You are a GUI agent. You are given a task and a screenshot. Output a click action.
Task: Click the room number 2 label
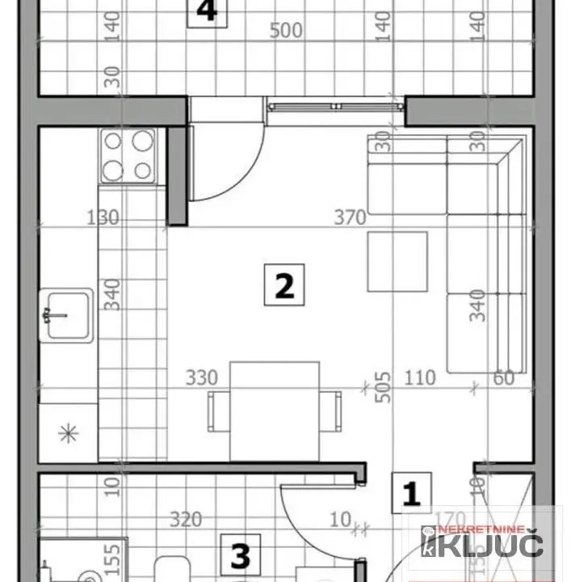pyautogui.click(x=284, y=285)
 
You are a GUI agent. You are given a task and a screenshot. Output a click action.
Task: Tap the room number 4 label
pyautogui.click(x=207, y=12)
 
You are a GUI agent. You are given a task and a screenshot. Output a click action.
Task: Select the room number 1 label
pyautogui.click(x=412, y=493)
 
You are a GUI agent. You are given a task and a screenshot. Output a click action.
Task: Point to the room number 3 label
pyautogui.click(x=240, y=556)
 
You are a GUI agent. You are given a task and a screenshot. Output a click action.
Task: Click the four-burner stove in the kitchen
pyautogui.click(x=128, y=155)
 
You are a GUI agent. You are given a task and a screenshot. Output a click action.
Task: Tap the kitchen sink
pyautogui.click(x=68, y=315)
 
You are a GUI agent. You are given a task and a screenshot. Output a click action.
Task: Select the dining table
pyautogui.click(x=275, y=409)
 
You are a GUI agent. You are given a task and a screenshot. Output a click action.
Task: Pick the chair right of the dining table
pyautogui.click(x=331, y=411)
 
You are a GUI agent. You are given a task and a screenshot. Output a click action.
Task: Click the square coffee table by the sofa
pyautogui.click(x=397, y=261)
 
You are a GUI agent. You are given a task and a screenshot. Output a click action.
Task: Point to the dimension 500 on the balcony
pyautogui.click(x=286, y=31)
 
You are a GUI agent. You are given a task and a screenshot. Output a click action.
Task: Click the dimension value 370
pyautogui.click(x=350, y=217)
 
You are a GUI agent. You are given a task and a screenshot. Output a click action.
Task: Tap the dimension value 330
pyautogui.click(x=201, y=377)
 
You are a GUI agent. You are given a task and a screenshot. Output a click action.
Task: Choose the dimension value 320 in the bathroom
pyautogui.click(x=186, y=519)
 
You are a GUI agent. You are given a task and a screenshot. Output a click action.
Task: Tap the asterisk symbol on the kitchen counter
pyautogui.click(x=68, y=433)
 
